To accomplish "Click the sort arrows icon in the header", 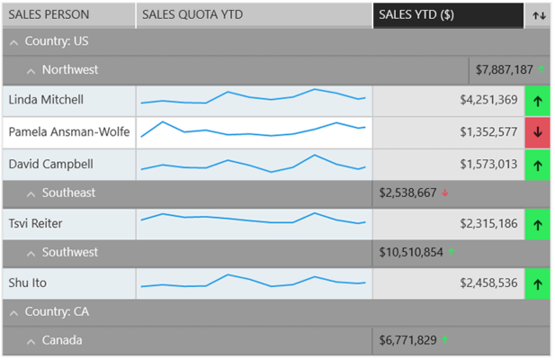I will (x=539, y=15).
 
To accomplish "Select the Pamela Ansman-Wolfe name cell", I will (x=68, y=132).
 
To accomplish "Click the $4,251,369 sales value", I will (x=488, y=100).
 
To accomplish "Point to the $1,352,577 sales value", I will (x=488, y=132).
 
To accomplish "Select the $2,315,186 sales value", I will (x=488, y=223).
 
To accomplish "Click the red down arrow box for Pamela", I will (x=537, y=132).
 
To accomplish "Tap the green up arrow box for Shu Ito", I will (x=537, y=283).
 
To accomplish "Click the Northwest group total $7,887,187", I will (x=505, y=69).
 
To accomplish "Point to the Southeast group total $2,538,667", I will (x=407, y=193).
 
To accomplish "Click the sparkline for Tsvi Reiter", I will (x=253, y=220).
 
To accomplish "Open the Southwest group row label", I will (x=68, y=252).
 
